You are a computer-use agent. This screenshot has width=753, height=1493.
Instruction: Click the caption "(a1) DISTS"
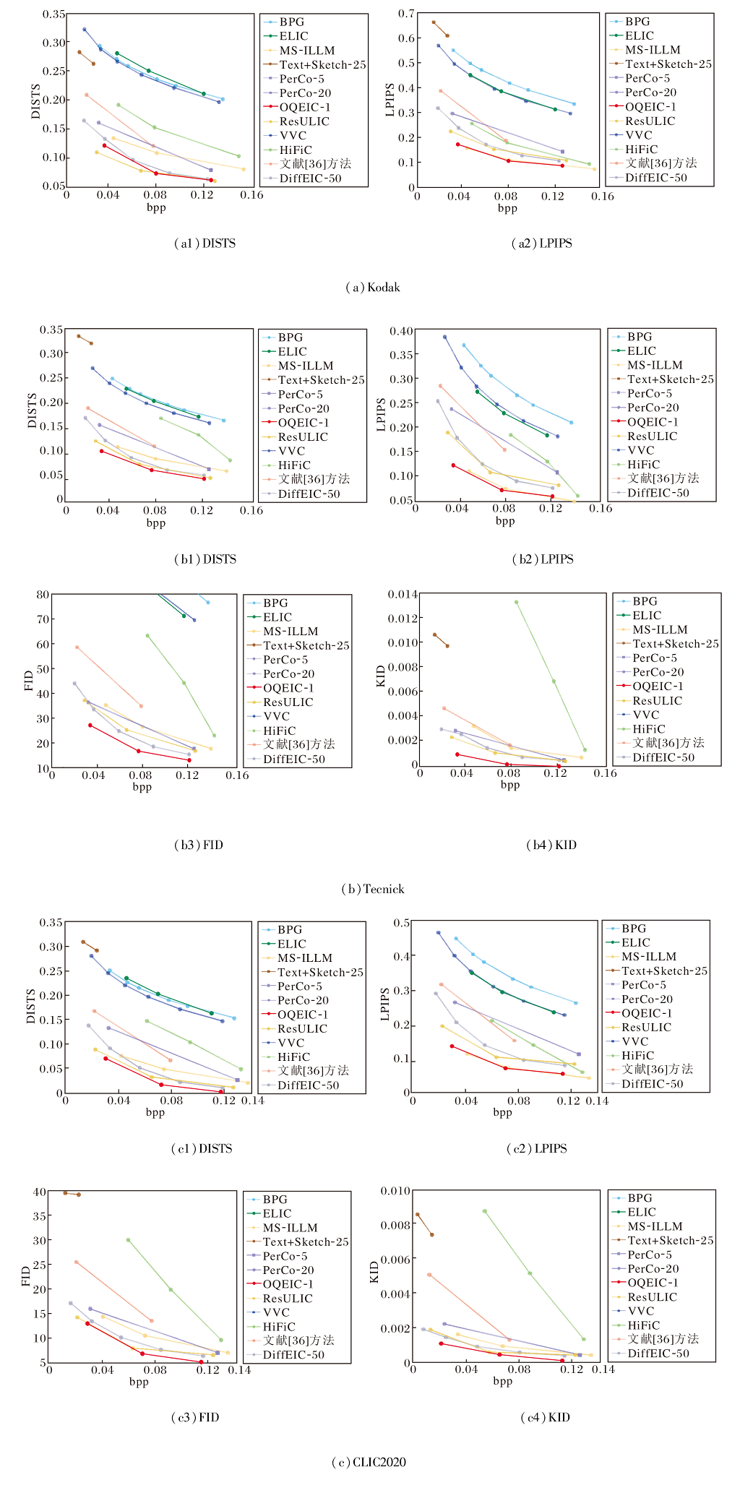[205, 244]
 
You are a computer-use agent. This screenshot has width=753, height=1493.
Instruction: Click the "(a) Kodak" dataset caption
[372, 288]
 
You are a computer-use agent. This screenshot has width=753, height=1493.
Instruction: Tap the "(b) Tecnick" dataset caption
[372, 889]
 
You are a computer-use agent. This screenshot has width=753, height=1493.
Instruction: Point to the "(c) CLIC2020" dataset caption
[369, 1462]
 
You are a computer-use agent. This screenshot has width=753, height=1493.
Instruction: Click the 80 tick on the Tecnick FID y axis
[43, 595]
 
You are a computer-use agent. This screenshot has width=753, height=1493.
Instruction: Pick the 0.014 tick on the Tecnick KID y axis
[403, 594]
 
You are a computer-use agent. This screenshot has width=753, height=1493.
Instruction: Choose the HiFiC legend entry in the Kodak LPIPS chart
[641, 150]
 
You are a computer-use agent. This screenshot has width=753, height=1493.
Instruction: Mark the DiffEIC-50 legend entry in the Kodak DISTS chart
[310, 178]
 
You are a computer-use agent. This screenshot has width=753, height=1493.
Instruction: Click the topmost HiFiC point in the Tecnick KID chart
[516, 602]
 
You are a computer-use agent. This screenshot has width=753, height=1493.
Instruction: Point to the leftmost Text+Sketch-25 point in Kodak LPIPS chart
[434, 22]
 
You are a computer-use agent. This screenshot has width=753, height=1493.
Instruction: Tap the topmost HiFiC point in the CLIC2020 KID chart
[484, 1211]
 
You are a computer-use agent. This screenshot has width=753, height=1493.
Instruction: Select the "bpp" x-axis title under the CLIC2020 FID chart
[139, 1382]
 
